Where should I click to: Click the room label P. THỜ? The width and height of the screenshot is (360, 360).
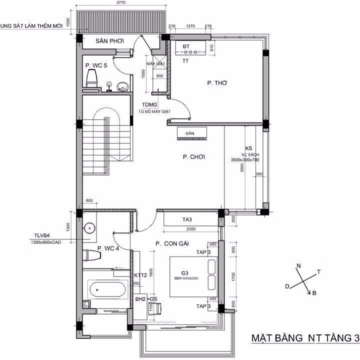pos(217,83)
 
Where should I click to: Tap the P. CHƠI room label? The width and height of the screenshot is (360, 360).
pos(194,157)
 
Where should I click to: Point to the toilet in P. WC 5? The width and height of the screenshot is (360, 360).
pos(92,78)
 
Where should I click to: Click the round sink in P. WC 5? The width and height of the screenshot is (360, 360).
pos(121,87)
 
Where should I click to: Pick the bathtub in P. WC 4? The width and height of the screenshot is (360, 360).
pos(107,289)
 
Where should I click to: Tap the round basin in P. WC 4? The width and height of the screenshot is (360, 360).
pos(89,228)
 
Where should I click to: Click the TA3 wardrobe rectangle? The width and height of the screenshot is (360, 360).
pos(188,219)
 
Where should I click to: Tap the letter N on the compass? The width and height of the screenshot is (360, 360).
pos(299,265)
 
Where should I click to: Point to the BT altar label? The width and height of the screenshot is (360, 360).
pos(186,46)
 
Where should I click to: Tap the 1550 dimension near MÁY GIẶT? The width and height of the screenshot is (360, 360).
pos(143,73)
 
